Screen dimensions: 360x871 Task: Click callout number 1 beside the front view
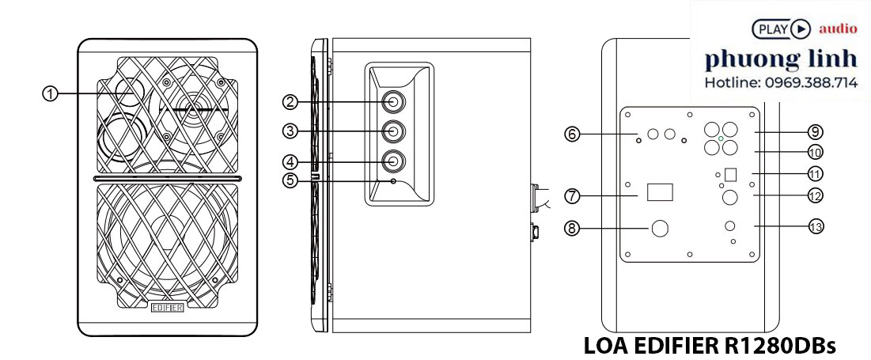pos(50,93)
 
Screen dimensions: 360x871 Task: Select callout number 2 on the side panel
pos(291,101)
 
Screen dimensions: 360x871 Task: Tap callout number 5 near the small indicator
pos(291,180)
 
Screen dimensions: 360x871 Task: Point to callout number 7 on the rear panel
pos(572,195)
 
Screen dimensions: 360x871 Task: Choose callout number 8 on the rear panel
pos(572,229)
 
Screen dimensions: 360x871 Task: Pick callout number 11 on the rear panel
pos(816,172)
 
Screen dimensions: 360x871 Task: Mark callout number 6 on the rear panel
pos(572,135)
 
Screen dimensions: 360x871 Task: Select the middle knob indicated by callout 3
pos(393,131)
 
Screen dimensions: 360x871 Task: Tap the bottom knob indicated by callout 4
pos(393,161)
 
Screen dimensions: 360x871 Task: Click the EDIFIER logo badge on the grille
pos(168,309)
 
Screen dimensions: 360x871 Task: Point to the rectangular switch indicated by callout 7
pos(661,193)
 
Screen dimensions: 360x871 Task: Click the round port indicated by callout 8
pos(661,229)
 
